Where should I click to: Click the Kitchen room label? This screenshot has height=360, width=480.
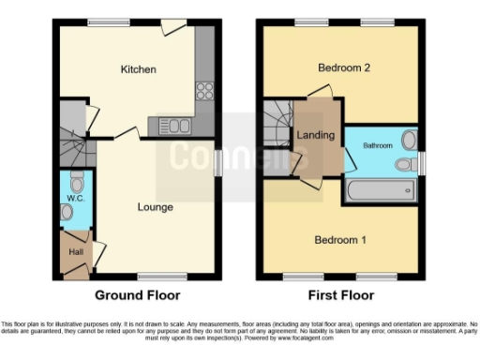(x=138, y=69)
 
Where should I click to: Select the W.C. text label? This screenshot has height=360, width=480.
(x=75, y=199)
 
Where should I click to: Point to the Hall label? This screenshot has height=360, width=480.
(x=71, y=254)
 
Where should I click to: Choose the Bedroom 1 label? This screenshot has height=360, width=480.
(x=340, y=240)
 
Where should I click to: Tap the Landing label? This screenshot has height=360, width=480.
(x=316, y=135)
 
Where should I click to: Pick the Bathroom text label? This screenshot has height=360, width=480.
(x=378, y=145)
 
